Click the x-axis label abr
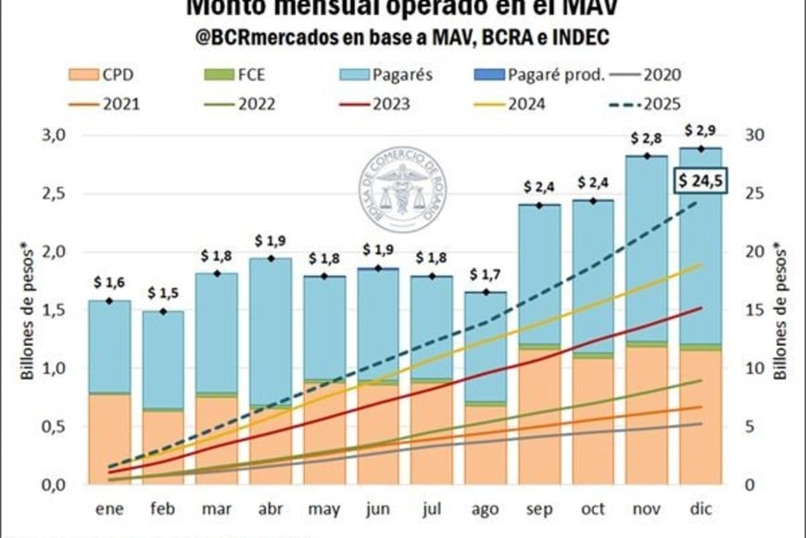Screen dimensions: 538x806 (x=271, y=510)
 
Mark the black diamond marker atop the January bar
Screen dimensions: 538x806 (x=110, y=301)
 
